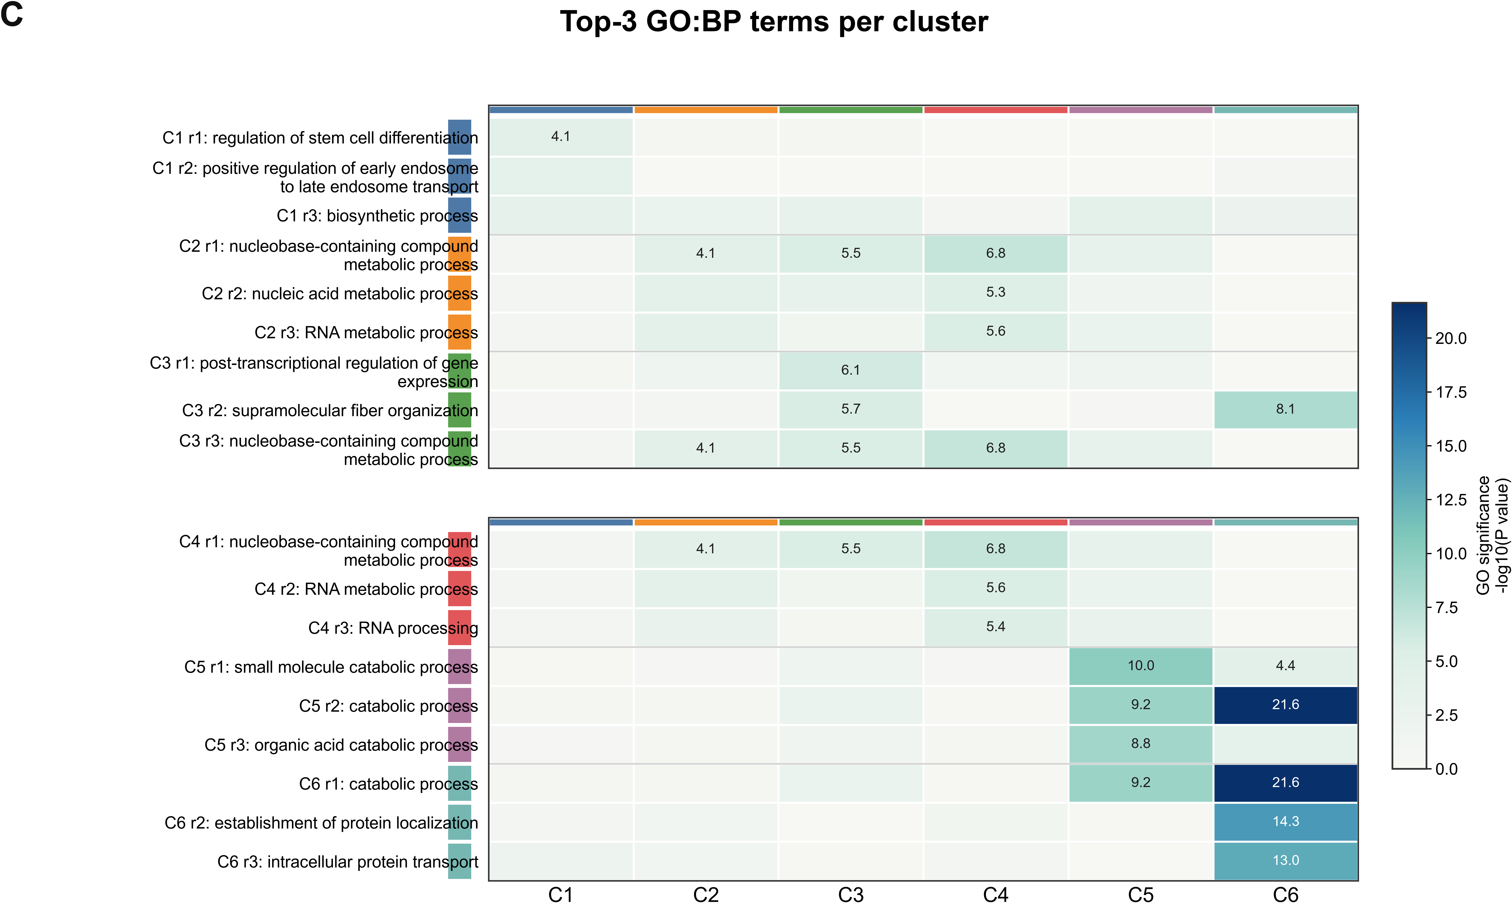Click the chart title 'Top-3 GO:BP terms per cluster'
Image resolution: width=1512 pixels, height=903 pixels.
click(774, 22)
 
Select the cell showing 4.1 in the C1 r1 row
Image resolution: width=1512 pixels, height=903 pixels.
click(560, 137)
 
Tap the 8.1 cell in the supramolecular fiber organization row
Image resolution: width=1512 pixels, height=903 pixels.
click(1286, 409)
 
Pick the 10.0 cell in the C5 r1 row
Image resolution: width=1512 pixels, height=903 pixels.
click(1141, 666)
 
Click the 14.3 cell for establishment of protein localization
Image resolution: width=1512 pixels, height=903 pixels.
click(1286, 822)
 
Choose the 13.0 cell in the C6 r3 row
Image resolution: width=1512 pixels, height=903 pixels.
click(1286, 860)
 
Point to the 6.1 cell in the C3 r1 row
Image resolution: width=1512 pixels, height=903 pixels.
click(851, 370)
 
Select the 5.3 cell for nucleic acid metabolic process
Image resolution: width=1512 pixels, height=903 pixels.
click(996, 293)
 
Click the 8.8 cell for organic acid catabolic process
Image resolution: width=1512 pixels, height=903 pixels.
click(1141, 744)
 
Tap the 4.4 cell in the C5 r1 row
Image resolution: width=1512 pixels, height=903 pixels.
click(1286, 666)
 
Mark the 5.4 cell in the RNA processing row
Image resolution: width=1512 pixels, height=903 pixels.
click(996, 627)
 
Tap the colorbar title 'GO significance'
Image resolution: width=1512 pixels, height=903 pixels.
click(1483, 535)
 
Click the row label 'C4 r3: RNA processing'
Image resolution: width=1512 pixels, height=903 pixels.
click(393, 628)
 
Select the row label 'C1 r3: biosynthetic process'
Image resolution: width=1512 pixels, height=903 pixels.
click(377, 216)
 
